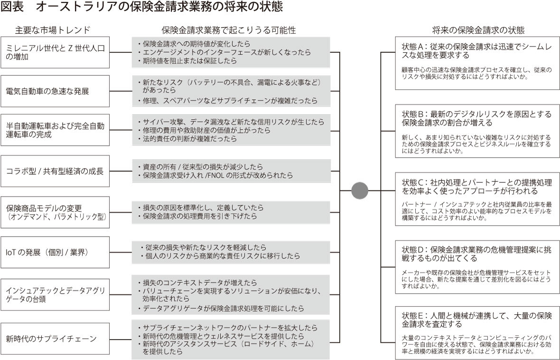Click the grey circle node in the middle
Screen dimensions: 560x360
coord(360,190)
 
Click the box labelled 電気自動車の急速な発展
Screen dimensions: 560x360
coord(55,91)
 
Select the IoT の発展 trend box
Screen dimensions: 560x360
coord(55,252)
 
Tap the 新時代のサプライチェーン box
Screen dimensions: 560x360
coord(55,339)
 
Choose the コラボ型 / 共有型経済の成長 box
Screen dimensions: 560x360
coord(55,171)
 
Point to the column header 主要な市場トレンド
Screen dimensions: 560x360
coord(53,29)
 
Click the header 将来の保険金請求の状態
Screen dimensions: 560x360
coord(478,30)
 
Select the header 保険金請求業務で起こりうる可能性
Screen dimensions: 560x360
coord(229,30)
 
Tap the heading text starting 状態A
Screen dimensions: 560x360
coord(477,51)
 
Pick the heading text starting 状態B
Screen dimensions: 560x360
coord(477,118)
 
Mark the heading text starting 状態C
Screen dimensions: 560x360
coord(477,187)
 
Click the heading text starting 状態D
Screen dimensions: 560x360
coord(477,254)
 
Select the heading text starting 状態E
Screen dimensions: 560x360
coord(477,320)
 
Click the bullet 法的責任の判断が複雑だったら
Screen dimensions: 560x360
coord(190,139)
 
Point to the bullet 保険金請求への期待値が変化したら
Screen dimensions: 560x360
coord(196,44)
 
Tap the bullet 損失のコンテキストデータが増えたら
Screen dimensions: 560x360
coord(200,283)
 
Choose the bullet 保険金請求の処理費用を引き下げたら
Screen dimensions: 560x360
coord(200,216)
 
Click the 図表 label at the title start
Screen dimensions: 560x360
coord(12,7)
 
